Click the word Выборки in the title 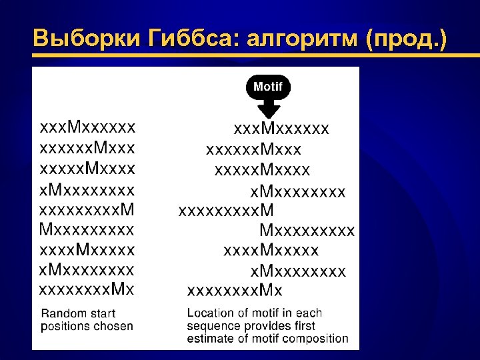(83, 39)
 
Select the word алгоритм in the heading (303, 39)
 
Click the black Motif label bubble (268, 87)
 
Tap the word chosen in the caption (114, 326)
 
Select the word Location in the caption (210, 313)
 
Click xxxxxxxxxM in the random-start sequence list (87, 210)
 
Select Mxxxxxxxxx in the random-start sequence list (87, 230)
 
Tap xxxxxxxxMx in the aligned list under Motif (235, 290)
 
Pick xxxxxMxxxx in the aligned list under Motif (263, 170)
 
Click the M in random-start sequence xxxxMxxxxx (84, 250)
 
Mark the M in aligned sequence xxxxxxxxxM (267, 210)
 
